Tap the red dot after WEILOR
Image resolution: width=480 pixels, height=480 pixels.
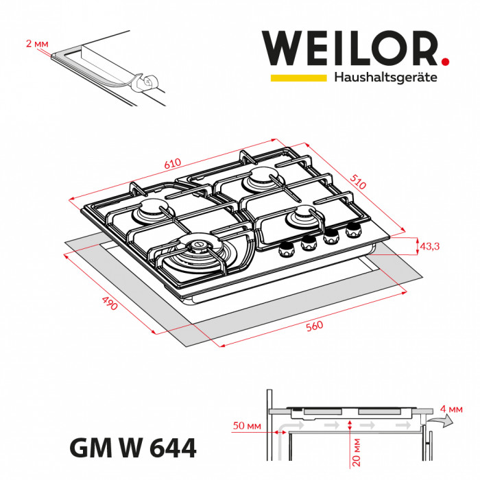pos(446,62)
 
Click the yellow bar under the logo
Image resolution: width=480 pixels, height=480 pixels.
pos(298,77)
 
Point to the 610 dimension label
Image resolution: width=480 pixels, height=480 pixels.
pos(173,164)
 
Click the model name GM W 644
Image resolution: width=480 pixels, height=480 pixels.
pos(133,449)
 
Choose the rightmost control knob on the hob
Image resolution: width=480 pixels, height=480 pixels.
pos(353,230)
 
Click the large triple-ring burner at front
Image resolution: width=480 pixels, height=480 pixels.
pos(197,248)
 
